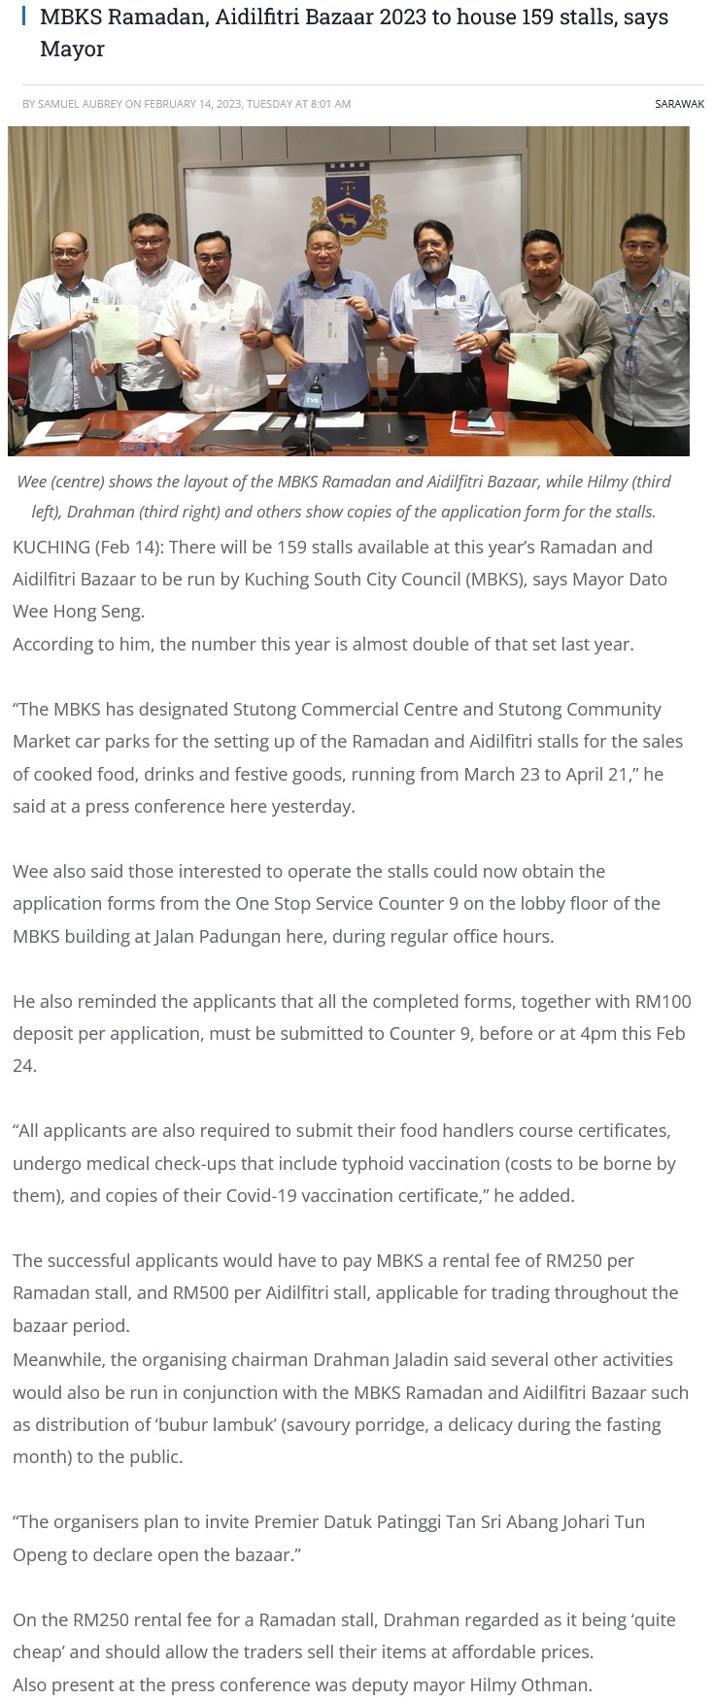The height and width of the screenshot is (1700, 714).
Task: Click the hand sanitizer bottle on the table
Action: pos(383,364)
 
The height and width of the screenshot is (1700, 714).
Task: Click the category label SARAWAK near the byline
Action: pos(679,104)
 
